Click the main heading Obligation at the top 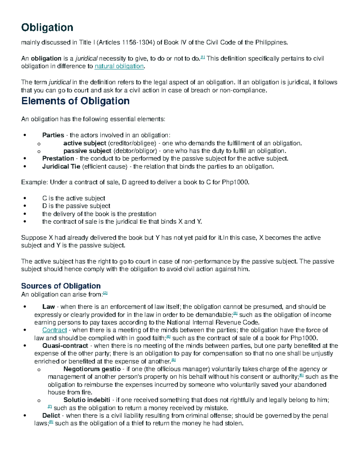click(x=47, y=28)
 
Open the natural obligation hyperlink click(x=119, y=66)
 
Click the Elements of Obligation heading click(x=75, y=101)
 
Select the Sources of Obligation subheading click(x=61, y=286)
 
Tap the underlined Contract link click(x=54, y=330)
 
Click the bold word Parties click(x=53, y=135)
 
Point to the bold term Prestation click(x=58, y=158)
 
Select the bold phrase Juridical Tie click(x=61, y=167)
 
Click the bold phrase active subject click(x=85, y=143)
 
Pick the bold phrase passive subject click(x=87, y=151)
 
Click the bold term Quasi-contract click(x=65, y=346)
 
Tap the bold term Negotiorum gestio click(x=92, y=369)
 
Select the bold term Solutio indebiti click(x=87, y=400)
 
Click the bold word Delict click(x=51, y=416)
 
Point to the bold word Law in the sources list click(x=48, y=307)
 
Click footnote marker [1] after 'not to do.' click(x=202, y=57)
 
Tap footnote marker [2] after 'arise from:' click(x=105, y=293)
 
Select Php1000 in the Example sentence click(x=235, y=182)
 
